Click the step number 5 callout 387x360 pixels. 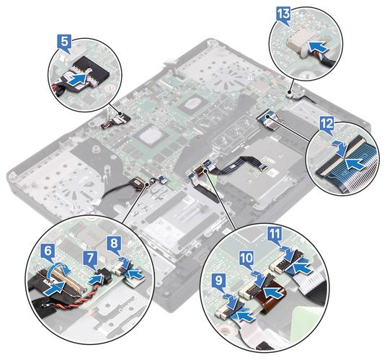point(64,43)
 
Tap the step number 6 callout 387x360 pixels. point(48,253)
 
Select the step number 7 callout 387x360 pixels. point(90,260)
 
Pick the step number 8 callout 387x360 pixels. point(115,245)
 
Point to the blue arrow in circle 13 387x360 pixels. point(317,47)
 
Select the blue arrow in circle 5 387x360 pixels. point(79,79)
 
